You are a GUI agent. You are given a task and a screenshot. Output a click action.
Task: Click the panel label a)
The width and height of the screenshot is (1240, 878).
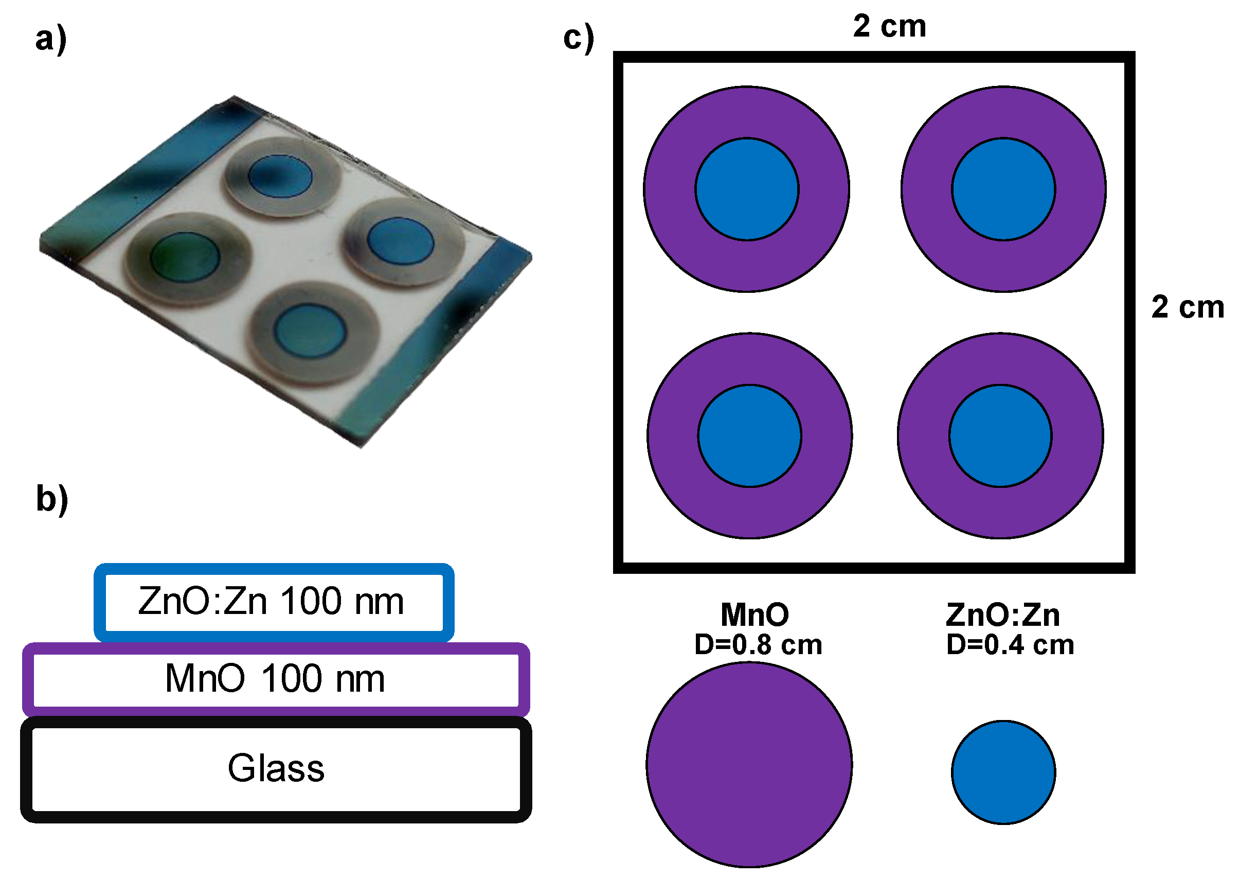click(51, 40)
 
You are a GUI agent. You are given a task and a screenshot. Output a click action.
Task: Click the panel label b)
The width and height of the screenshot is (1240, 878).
click(52, 499)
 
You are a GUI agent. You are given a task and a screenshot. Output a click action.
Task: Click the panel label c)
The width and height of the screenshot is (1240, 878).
click(579, 39)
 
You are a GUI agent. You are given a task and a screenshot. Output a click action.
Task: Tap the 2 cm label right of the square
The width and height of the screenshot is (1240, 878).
click(1188, 307)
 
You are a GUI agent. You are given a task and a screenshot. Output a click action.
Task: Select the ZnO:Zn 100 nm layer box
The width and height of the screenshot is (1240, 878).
click(274, 602)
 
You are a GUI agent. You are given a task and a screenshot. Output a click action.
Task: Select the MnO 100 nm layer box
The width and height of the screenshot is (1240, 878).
click(276, 678)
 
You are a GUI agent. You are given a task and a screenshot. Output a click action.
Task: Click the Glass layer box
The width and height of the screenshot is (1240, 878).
click(276, 768)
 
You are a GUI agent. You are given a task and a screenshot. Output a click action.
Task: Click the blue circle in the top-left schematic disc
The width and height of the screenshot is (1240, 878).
click(747, 189)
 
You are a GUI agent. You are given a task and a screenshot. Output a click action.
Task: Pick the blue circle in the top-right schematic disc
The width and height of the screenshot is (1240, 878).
click(1003, 189)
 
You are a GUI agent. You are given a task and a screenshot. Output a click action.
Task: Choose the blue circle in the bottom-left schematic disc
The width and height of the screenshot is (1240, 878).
click(750, 436)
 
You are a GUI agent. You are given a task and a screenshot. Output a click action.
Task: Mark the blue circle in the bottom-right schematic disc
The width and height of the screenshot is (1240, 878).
click(1001, 436)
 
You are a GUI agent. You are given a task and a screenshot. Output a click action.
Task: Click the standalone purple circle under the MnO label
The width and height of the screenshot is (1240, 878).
click(749, 764)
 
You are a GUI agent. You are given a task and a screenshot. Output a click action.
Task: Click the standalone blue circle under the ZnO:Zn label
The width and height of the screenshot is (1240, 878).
click(1003, 772)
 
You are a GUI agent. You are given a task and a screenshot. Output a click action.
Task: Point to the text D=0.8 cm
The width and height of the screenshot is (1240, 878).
click(758, 645)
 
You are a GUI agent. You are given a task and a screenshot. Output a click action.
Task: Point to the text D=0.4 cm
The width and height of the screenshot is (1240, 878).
click(1010, 645)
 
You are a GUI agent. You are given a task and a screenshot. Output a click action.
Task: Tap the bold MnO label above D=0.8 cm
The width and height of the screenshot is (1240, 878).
click(755, 614)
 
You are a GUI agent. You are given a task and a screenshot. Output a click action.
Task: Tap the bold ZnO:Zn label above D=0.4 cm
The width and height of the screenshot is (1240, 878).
click(1003, 614)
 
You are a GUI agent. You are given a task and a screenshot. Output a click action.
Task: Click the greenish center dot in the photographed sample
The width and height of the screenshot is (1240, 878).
click(185, 257)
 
